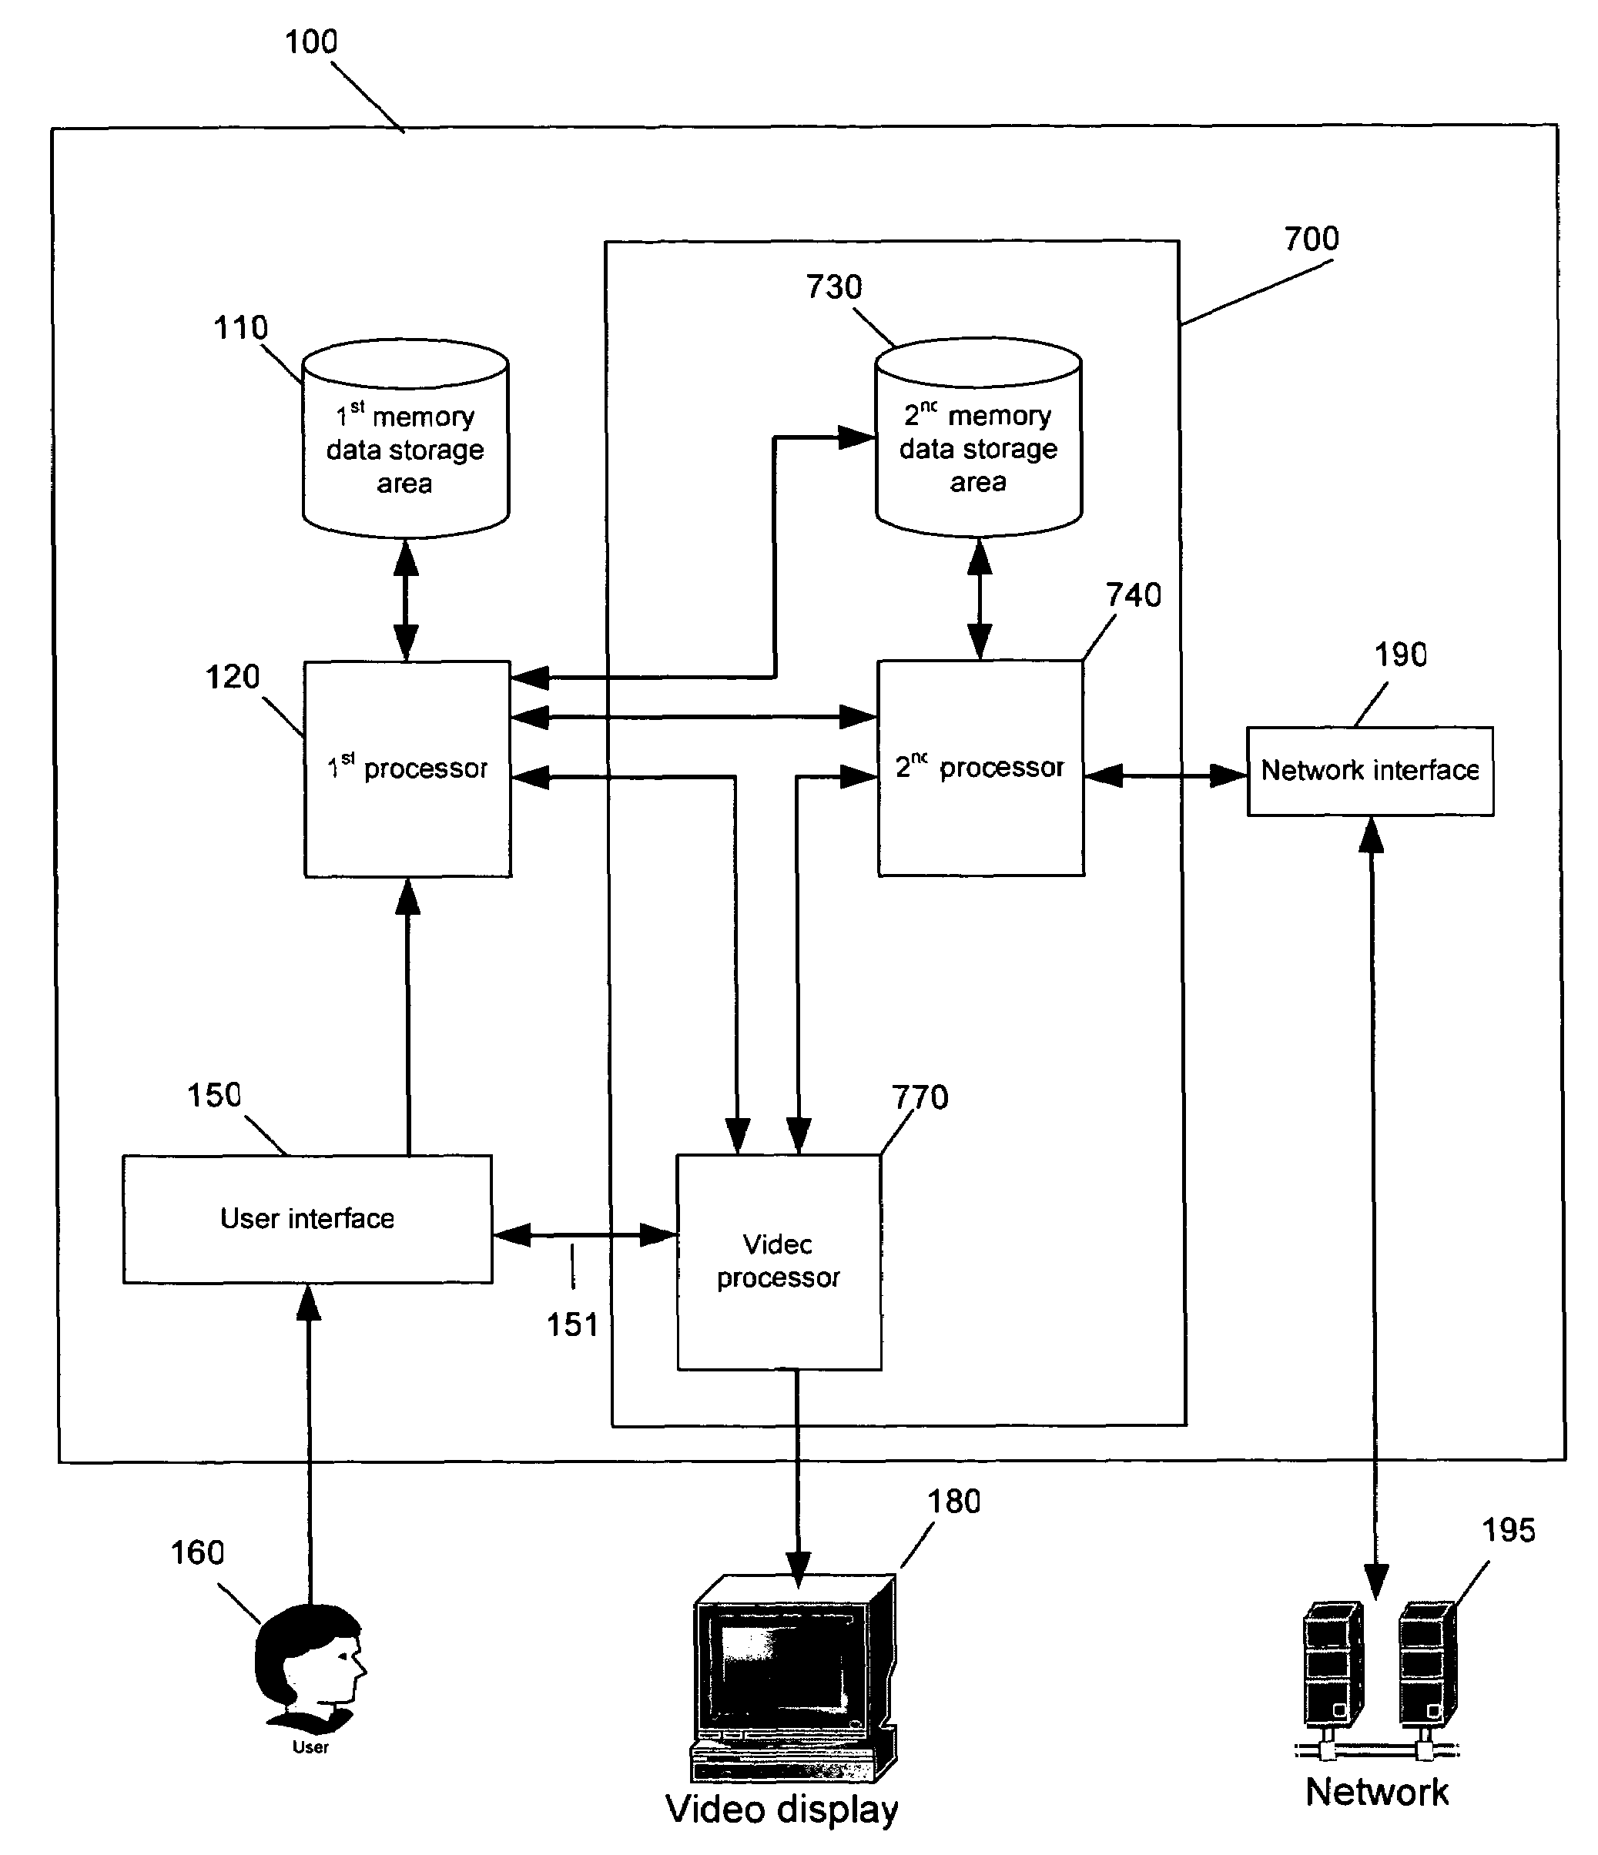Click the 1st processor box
(407, 768)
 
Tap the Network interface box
(1370, 771)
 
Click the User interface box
(307, 1218)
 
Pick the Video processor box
(778, 1261)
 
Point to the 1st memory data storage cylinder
(406, 439)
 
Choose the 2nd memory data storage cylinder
(979, 438)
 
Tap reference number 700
(1312, 239)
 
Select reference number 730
(833, 287)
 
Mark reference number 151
(572, 1325)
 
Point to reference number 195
(1509, 1530)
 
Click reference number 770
(920, 1097)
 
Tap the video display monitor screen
(782, 1669)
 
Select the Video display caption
(782, 1809)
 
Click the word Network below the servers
(1377, 1791)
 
